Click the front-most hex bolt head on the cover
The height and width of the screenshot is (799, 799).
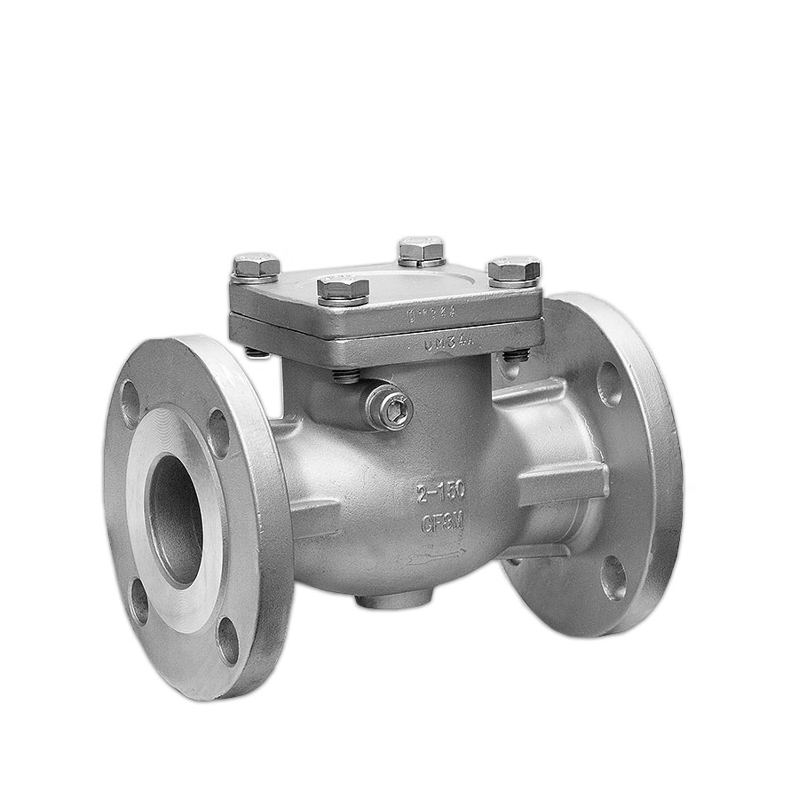tap(343, 289)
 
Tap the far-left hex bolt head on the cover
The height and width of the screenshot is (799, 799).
tap(256, 266)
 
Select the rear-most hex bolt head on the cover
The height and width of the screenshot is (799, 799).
tap(421, 250)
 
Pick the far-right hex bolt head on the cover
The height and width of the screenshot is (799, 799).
tap(514, 270)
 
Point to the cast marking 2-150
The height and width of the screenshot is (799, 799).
tap(441, 494)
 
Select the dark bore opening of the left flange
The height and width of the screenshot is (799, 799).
tap(175, 519)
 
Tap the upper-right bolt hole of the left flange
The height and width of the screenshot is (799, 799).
tap(218, 432)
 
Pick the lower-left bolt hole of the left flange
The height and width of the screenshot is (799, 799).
tap(139, 601)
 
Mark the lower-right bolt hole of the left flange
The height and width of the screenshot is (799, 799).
tap(228, 640)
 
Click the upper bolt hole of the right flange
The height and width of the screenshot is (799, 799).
tap(609, 384)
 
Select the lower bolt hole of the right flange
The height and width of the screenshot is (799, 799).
tap(613, 578)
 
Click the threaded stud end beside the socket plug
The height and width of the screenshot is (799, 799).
tap(347, 376)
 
